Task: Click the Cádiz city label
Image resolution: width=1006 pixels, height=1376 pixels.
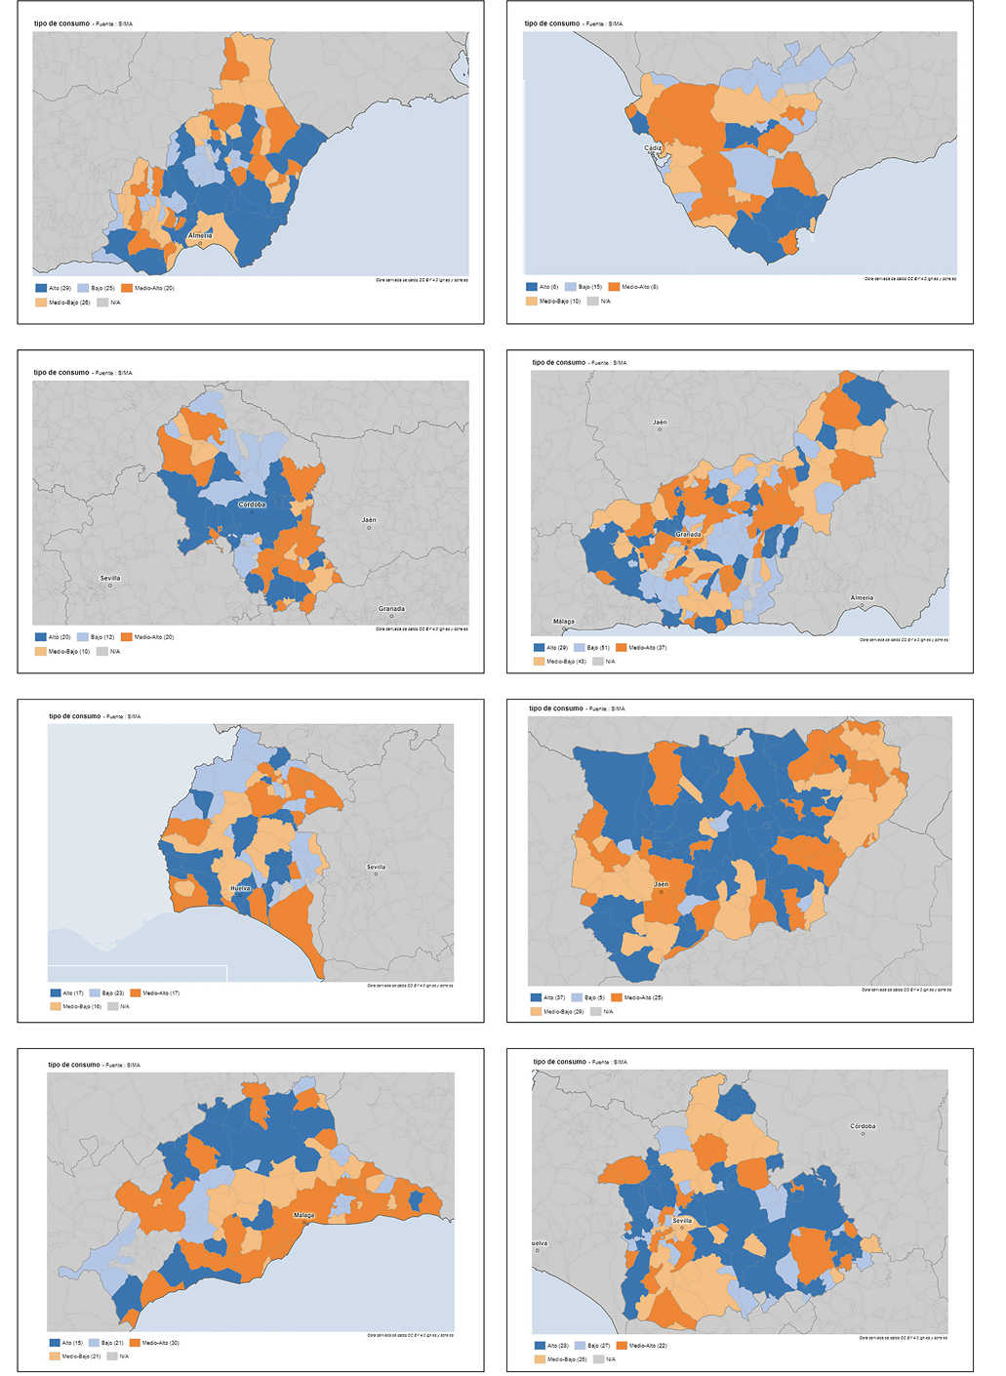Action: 653,148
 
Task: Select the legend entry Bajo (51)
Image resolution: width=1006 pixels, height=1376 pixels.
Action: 592,648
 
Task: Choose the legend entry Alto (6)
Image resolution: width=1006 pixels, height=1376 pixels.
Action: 543,287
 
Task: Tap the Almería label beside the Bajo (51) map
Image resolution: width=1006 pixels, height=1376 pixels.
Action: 862,598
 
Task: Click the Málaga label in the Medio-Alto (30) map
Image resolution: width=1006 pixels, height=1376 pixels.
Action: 304,1215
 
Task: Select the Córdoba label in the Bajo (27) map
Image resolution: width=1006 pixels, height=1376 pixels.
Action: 863,1126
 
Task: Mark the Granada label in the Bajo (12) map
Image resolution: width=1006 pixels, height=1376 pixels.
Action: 391,609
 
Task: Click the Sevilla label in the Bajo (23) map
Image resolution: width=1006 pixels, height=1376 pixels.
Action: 376,867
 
